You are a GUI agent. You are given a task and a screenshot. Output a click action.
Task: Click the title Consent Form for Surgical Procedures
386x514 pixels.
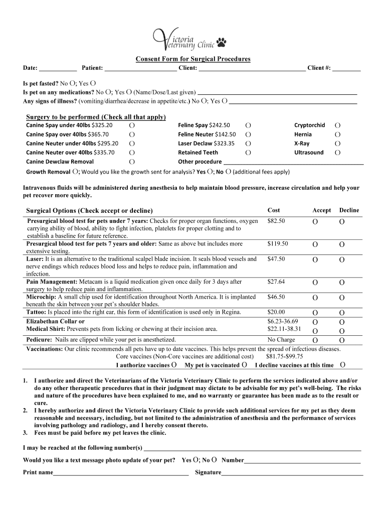click(193, 59)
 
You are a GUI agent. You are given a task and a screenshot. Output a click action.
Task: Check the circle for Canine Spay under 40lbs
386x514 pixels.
click(131, 125)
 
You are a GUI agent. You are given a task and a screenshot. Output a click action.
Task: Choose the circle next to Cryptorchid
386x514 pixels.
click(337, 125)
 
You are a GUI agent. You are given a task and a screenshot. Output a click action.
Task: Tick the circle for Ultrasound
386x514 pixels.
click(337, 153)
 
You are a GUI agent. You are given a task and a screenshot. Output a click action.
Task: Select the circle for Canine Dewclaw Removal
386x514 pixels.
click(131, 162)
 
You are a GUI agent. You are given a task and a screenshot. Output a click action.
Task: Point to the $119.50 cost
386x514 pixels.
click(278, 244)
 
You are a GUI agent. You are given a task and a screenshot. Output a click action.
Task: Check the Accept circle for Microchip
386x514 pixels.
click(315, 298)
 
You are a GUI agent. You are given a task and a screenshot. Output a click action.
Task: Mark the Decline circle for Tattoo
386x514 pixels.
click(342, 313)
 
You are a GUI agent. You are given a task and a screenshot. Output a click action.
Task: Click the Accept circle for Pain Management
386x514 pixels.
click(315, 283)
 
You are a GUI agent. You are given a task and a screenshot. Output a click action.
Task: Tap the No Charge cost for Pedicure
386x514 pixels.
click(281, 340)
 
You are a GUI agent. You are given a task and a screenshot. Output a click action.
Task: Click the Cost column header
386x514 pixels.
click(274, 210)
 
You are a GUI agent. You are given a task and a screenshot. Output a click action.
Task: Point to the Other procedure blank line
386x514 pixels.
click(293, 163)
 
